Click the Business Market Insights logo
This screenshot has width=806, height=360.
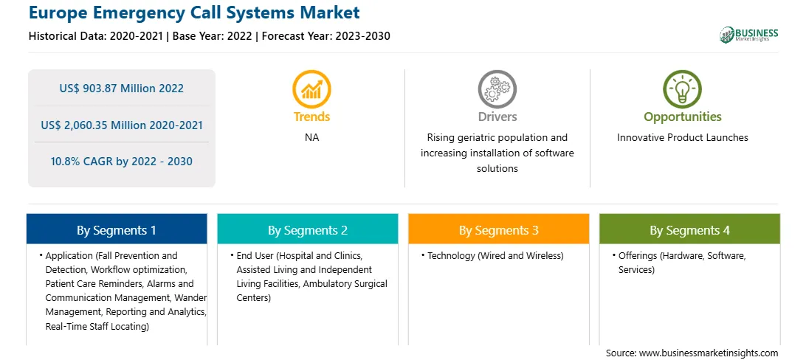749,35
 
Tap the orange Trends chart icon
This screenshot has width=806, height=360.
311,89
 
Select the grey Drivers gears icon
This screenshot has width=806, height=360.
497,89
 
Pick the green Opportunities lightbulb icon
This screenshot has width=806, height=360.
682,89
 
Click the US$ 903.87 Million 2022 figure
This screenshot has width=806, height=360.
121,89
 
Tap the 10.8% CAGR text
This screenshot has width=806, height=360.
121,162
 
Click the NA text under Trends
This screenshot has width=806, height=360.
311,138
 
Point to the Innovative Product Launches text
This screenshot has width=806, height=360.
682,138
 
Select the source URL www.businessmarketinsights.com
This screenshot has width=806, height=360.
709,353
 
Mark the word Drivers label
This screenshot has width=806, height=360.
497,117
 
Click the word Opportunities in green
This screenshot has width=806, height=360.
683,117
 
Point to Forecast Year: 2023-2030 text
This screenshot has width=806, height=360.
326,36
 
